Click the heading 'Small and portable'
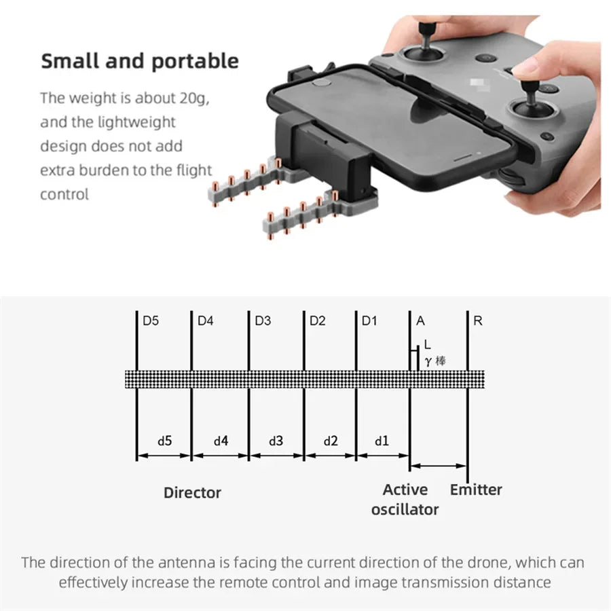tap(140, 60)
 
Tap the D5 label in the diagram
tap(151, 321)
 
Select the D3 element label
tap(263, 321)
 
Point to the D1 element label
tap(369, 321)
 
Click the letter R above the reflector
tap(478, 321)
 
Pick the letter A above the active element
tap(421, 321)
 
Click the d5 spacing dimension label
tap(164, 441)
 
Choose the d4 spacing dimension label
tap(221, 441)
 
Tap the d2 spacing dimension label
tap(330, 441)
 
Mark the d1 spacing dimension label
tap(382, 441)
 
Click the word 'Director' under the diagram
tap(192, 493)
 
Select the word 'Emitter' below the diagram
tap(476, 489)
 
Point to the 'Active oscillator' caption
tap(405, 499)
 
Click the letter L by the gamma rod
tap(426, 346)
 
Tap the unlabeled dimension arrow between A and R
tap(439, 466)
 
